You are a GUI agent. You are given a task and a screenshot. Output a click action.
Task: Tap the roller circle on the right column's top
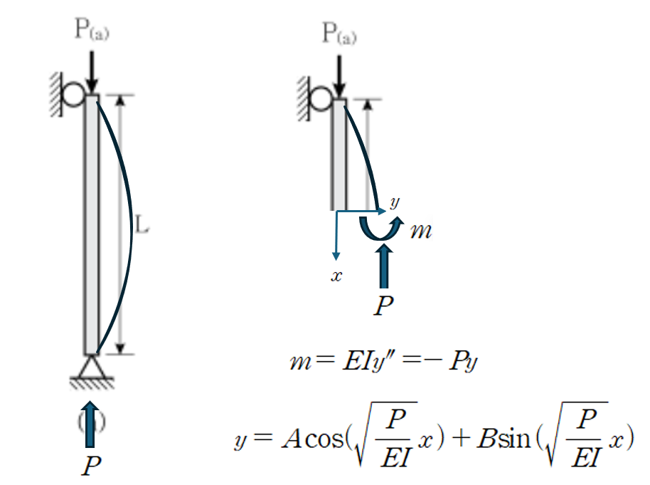pos(321,97)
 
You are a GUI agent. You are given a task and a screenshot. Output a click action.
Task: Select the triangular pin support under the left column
pos(90,367)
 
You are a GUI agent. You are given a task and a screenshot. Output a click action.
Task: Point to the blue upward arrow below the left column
pos(90,426)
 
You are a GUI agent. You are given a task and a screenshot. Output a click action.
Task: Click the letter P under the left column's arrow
pos(90,466)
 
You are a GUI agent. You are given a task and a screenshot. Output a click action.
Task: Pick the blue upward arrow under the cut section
pos(385,266)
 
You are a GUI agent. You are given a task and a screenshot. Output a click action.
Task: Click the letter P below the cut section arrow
pos(384,306)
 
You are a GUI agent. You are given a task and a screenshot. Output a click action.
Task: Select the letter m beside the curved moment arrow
pos(422,231)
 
